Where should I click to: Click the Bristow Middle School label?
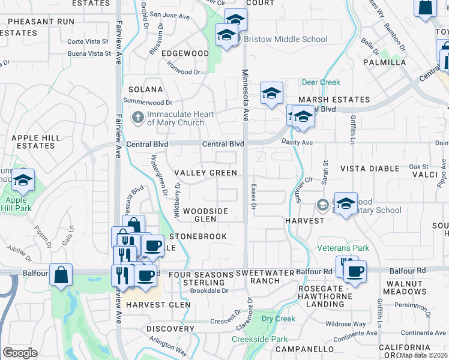pyautogui.click(x=285, y=40)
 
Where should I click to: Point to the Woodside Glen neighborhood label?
pyautogui.click(x=206, y=215)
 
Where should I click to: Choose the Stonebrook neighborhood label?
pyautogui.click(x=199, y=236)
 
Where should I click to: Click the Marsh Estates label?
pyautogui.click(x=334, y=100)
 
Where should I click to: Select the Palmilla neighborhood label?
pyautogui.click(x=384, y=62)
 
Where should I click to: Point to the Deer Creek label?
pyautogui.click(x=321, y=83)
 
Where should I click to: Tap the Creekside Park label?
pyautogui.click(x=260, y=340)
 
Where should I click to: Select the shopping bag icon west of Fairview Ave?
pyautogui.click(x=61, y=275)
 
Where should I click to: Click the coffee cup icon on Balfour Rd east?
pyautogui.click(x=354, y=270)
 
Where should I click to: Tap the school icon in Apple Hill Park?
pyautogui.click(x=23, y=179)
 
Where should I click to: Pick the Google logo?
pyautogui.click(x=20, y=352)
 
